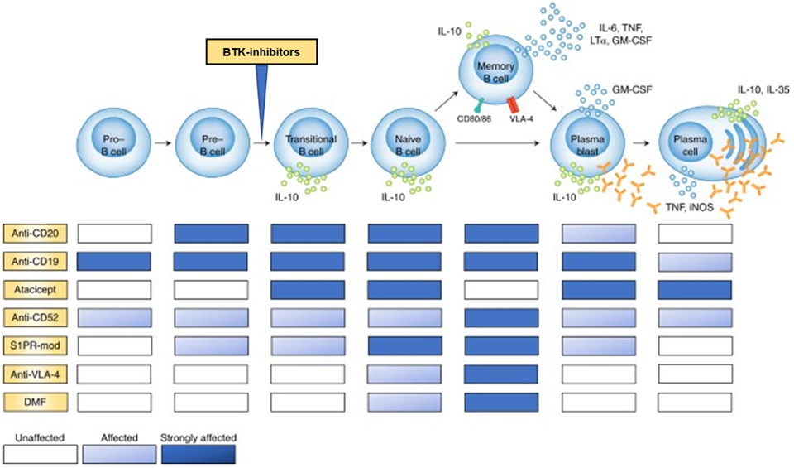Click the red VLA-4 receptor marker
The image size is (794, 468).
(x=514, y=104)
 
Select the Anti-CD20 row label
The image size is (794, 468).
(x=36, y=233)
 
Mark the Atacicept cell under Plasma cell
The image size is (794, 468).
(x=695, y=291)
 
